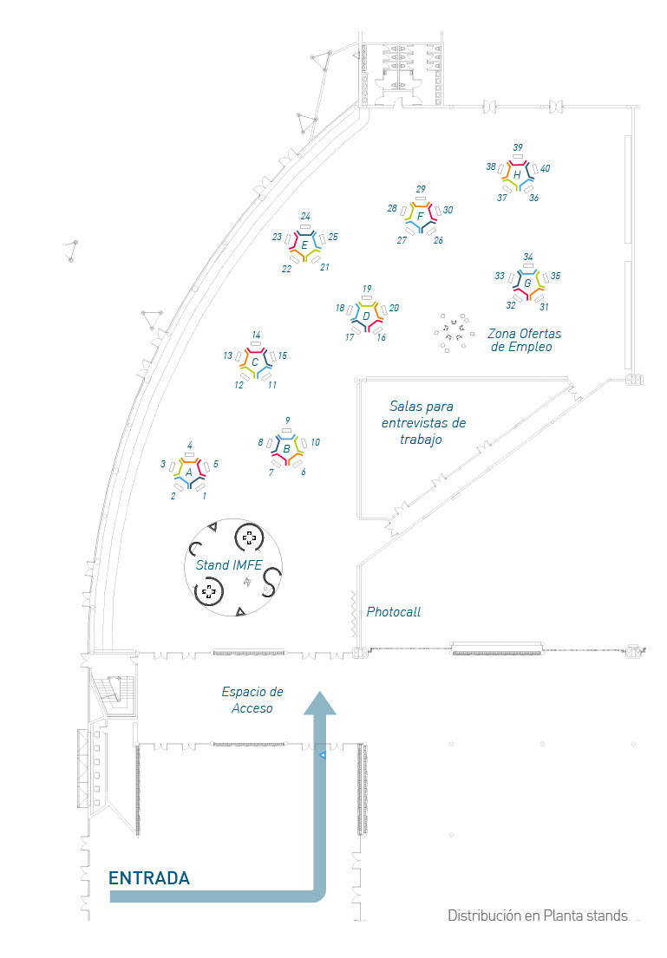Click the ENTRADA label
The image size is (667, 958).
tap(148, 878)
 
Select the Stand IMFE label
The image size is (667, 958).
tap(229, 565)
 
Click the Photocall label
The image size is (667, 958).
tap(393, 612)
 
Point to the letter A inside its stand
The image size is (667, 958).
tap(189, 472)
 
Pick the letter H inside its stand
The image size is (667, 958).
tap(517, 175)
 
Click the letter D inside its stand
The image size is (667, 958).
tap(366, 316)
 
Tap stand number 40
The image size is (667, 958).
tap(545, 168)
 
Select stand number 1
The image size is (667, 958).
tap(205, 496)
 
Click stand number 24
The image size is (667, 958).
tap(305, 216)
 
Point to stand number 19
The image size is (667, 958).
tap(367, 289)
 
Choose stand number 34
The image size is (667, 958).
tap(528, 257)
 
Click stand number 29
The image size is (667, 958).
tap(421, 189)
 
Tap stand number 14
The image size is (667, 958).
tap(256, 335)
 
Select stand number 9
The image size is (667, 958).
tap(287, 420)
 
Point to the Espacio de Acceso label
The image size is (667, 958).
tap(252, 700)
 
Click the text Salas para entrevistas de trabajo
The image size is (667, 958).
tap(423, 422)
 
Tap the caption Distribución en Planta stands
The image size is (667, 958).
tap(538, 916)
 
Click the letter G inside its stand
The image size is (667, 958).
tap(526, 283)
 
